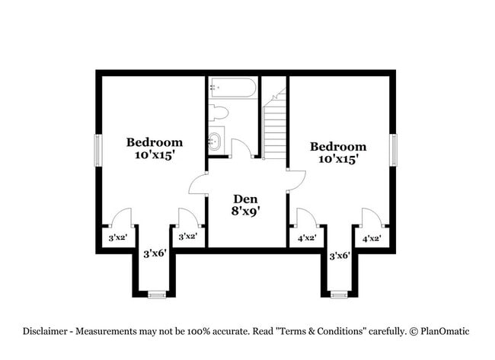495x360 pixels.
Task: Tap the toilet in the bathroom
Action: click(219, 113)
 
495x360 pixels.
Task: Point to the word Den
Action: click(244, 199)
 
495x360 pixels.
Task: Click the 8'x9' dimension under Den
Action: click(244, 212)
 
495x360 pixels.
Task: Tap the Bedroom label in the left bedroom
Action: click(155, 142)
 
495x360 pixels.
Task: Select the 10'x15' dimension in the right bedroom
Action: click(338, 159)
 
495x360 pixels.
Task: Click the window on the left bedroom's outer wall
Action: click(97, 150)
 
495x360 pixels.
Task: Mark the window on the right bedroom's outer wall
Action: click(394, 150)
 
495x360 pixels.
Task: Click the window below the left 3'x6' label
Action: click(156, 294)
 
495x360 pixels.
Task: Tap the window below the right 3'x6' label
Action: click(339, 294)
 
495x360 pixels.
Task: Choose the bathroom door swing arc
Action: click(241, 148)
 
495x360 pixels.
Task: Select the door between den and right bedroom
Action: click(295, 180)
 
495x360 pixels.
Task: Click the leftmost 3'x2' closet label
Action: click(117, 237)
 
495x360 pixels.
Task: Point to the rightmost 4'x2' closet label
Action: click(371, 238)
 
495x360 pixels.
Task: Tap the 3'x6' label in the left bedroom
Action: click(155, 253)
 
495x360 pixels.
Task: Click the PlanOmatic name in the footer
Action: click(445, 331)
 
